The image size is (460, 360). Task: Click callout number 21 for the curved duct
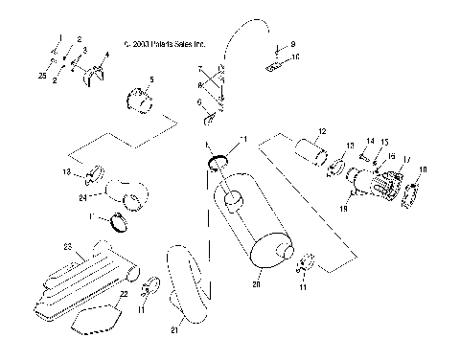pos(173,330)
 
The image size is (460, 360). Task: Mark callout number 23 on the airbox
pos(68,247)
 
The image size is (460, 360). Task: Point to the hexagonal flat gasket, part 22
pos(96,316)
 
